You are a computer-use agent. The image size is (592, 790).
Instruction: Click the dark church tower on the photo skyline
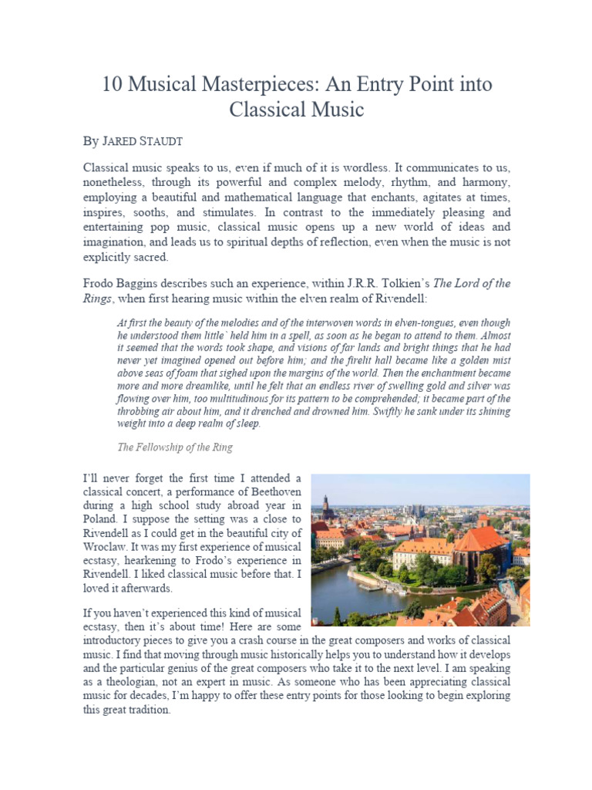pos(326,506)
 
